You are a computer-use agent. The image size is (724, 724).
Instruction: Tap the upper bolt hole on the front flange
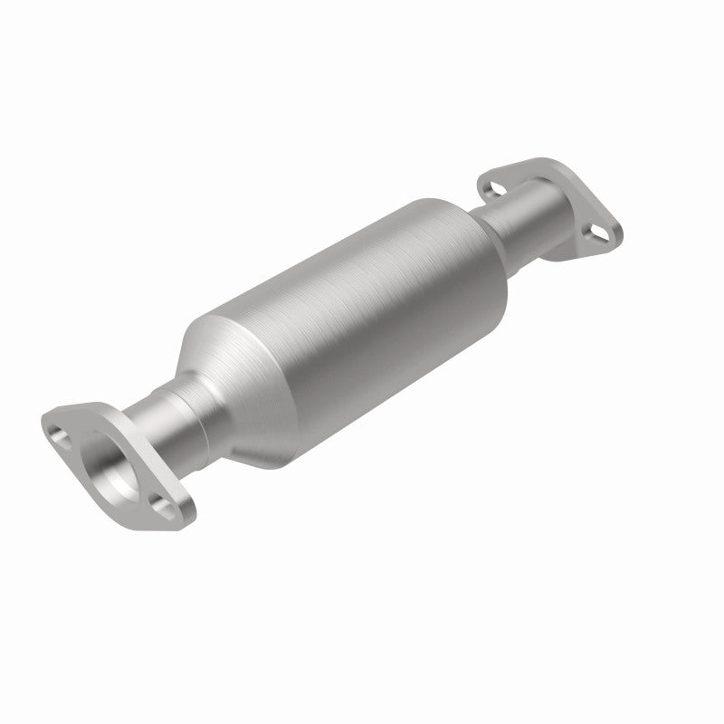pyautogui.click(x=61, y=429)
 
